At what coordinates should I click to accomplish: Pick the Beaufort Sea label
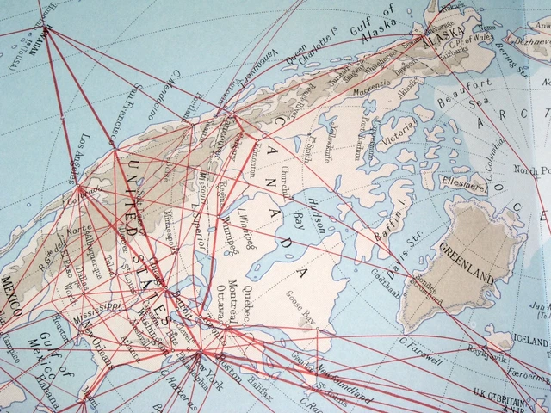coord(469,96)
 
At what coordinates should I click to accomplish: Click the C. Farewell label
coord(421,345)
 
